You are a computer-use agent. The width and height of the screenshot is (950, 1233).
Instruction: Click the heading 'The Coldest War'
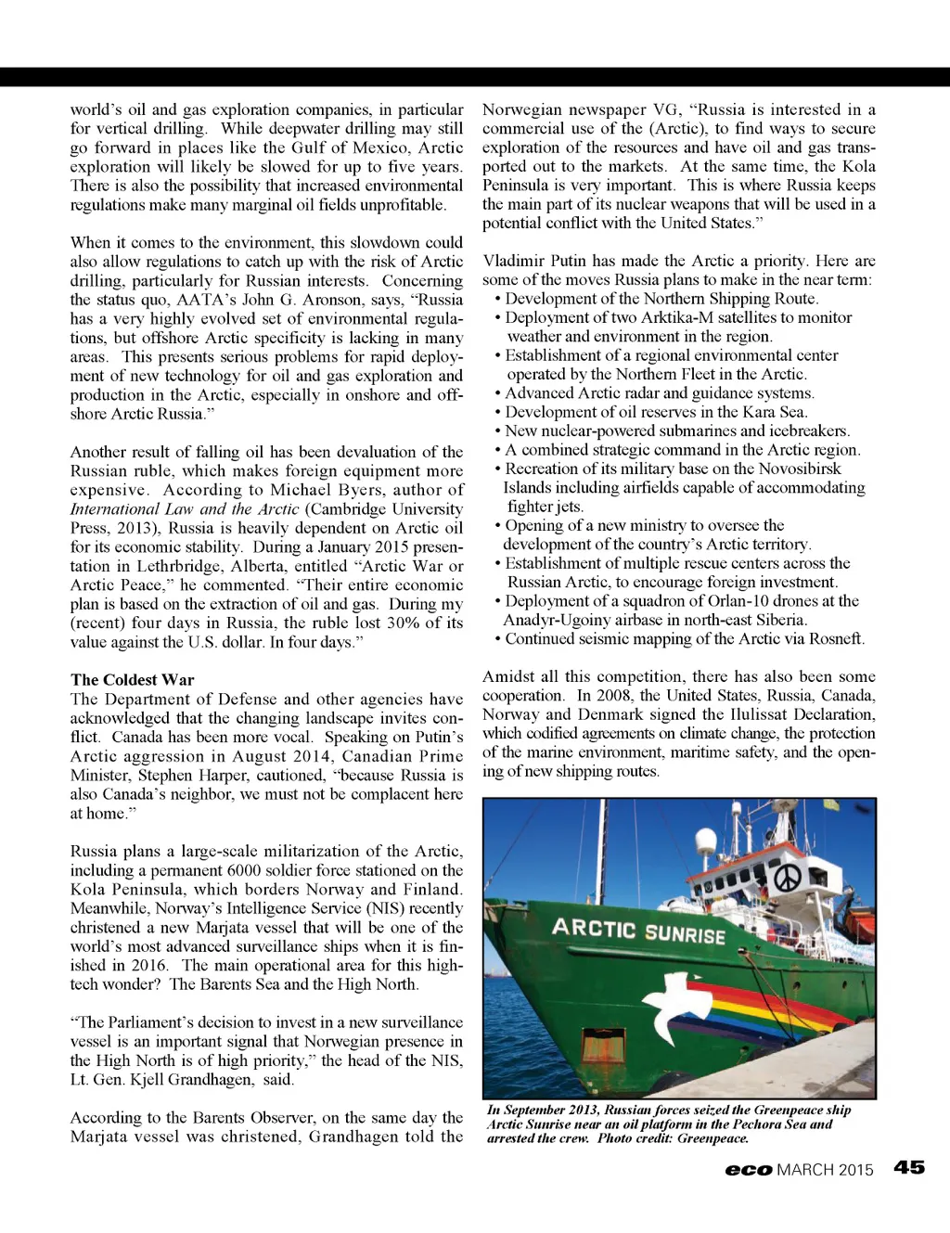coord(132,680)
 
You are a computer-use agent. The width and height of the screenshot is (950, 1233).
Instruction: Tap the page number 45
coord(909,1168)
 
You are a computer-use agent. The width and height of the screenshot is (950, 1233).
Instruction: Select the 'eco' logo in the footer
coord(749,1170)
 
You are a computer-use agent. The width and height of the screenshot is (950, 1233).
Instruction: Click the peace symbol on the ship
coord(786,877)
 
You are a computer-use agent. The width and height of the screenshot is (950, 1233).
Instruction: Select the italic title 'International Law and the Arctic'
coord(185,509)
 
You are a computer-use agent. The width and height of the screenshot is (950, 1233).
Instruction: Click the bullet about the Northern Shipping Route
coord(661,299)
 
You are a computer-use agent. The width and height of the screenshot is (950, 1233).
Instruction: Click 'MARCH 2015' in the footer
coord(825,1170)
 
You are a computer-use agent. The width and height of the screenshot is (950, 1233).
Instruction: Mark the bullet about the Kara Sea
coord(656,412)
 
